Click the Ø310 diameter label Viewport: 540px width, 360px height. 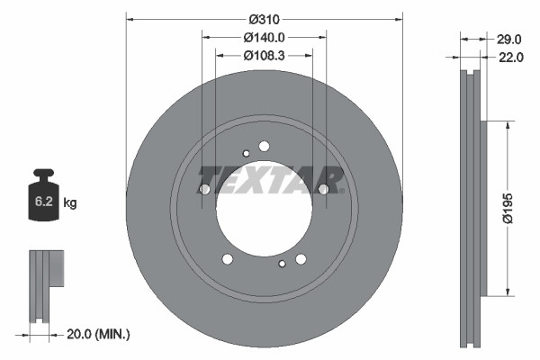264,19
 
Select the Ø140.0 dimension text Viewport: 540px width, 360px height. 264,38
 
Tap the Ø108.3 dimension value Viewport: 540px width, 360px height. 264,56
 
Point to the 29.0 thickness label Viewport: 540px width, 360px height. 509,39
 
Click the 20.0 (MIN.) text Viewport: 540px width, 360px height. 99,334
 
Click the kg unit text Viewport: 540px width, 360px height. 70,203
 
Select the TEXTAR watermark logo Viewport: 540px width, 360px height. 271,178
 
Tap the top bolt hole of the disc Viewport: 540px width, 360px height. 264,146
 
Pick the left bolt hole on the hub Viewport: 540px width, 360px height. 204,189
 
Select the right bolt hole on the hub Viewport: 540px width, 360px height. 324,189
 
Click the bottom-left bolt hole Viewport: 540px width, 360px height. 227,259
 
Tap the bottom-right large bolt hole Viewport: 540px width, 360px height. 301,259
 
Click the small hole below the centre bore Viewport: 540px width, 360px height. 282,264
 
